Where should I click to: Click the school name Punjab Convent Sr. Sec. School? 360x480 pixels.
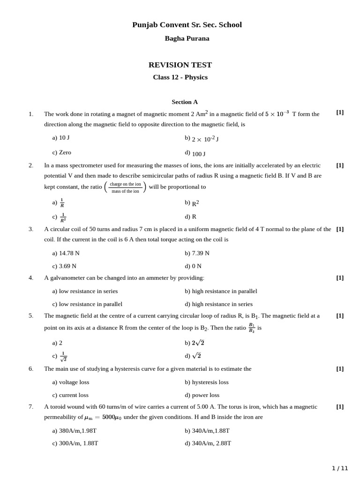point(187,25)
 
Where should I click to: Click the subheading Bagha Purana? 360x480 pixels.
point(187,38)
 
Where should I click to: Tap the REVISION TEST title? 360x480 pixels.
point(180,65)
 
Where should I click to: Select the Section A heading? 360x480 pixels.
point(185,102)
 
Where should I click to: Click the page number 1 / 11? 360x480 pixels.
point(340,468)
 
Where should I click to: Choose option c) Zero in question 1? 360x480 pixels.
point(62,152)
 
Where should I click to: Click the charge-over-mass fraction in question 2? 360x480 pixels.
point(125,187)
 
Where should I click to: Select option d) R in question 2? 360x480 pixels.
point(191,217)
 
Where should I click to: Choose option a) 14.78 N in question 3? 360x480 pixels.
point(66,253)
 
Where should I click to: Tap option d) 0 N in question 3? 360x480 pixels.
point(193,266)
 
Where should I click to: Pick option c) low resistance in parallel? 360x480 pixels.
point(87,304)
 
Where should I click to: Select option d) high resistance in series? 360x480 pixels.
point(218,304)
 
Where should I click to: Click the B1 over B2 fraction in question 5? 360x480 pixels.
point(252,328)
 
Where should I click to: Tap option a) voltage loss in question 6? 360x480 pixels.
point(71,382)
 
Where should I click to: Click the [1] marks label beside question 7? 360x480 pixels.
point(340,407)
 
